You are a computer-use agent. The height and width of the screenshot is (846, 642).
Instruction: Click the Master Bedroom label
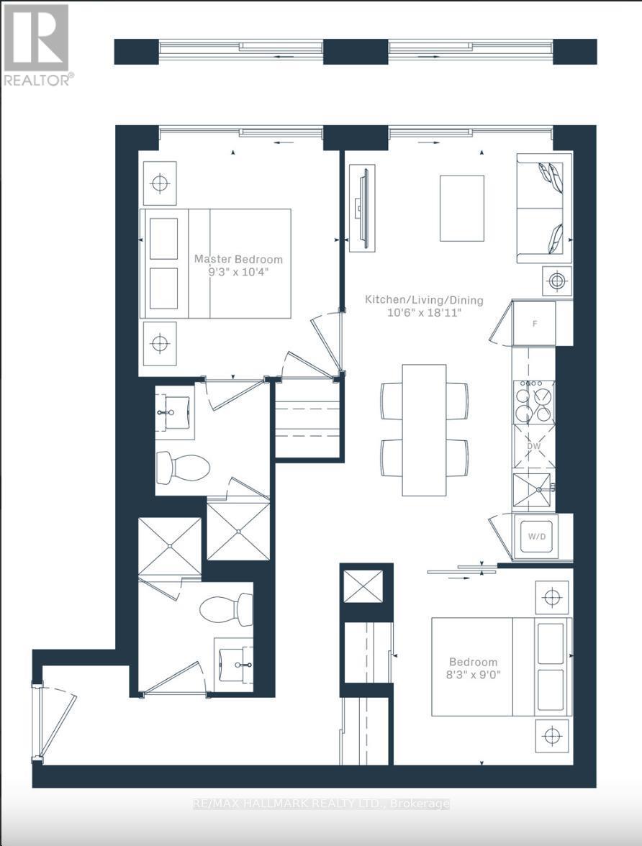coord(238,259)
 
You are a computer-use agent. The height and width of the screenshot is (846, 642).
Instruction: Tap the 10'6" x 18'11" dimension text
coord(424,313)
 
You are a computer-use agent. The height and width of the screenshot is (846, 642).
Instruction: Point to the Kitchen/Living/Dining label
coord(424,300)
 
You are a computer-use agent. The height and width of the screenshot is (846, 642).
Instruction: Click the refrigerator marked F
coord(533,324)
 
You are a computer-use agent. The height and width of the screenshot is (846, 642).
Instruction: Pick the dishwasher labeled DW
coord(533,446)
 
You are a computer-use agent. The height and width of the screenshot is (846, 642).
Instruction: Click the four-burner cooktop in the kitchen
coord(533,401)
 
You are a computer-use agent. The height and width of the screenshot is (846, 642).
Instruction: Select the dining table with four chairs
coord(424,429)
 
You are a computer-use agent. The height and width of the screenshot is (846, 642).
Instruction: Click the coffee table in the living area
coord(462,208)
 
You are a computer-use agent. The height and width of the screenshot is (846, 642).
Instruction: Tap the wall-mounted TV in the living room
coord(361,209)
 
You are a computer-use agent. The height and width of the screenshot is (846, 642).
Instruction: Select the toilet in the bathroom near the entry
coord(226,609)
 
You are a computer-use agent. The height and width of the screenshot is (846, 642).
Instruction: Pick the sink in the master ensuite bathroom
coord(174,412)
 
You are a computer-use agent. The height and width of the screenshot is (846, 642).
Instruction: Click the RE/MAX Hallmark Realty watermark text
coord(321,804)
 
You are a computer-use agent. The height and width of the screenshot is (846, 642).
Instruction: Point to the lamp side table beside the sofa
coord(558,280)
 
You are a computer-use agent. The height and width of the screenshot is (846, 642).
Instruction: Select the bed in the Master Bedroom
coord(215,263)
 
